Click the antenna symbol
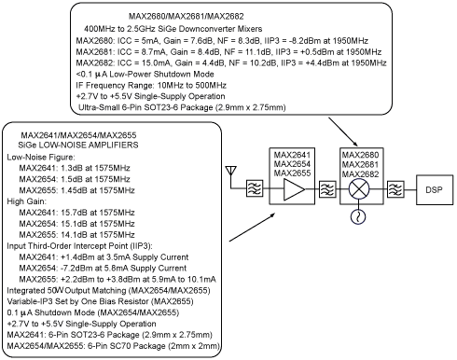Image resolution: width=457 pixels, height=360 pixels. coord(230,174)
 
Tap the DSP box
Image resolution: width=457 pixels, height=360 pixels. coord(435,189)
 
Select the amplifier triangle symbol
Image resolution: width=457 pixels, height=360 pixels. coord(294,189)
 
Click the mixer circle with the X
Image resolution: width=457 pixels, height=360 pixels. coord(359,189)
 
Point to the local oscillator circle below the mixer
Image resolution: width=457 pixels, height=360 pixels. coord(358,216)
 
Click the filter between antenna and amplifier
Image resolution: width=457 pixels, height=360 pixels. coord(255,188)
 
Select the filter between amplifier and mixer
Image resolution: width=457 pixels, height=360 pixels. coord(327,189)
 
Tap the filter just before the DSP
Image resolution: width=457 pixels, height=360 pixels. coord(395,189)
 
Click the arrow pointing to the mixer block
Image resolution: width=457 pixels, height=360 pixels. coord(343,132)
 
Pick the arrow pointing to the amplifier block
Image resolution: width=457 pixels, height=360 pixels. coord(252,227)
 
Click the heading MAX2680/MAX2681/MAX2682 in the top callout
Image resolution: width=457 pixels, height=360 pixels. coord(187,16)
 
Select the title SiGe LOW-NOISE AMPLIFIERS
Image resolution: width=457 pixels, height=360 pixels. coord(78,145)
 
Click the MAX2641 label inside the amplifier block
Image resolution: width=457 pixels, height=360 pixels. coord(292,155)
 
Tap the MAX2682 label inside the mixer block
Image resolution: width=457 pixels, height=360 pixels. coord(360,173)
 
